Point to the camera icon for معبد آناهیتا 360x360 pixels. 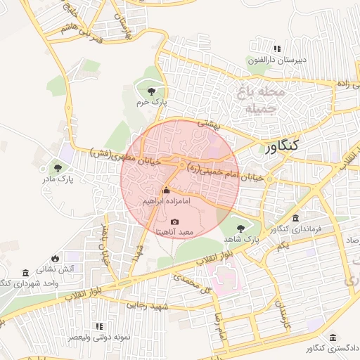click(x=175, y=221)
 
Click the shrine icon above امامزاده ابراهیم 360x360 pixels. click(x=167, y=190)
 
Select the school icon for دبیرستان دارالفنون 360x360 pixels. click(x=277, y=49)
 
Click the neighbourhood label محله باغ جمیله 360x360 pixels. click(x=262, y=101)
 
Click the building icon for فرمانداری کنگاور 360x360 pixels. click(x=295, y=218)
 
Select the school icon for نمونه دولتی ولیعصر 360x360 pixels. click(x=99, y=326)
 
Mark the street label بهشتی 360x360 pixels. click(x=209, y=124)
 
